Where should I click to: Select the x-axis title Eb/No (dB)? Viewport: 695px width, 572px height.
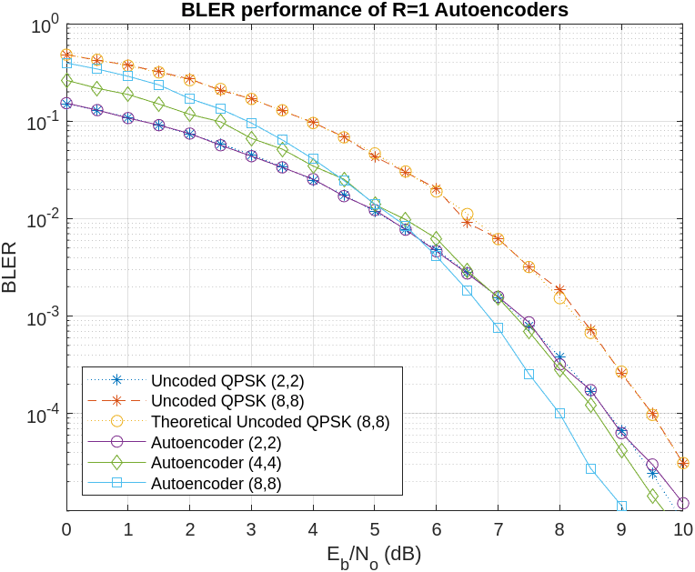coord(374,553)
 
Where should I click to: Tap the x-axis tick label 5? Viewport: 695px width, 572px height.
coord(375,529)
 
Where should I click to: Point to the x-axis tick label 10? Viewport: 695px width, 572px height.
coord(682,529)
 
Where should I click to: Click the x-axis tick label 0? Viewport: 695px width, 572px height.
coord(66,529)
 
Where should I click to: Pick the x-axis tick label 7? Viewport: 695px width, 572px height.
coord(498,529)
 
